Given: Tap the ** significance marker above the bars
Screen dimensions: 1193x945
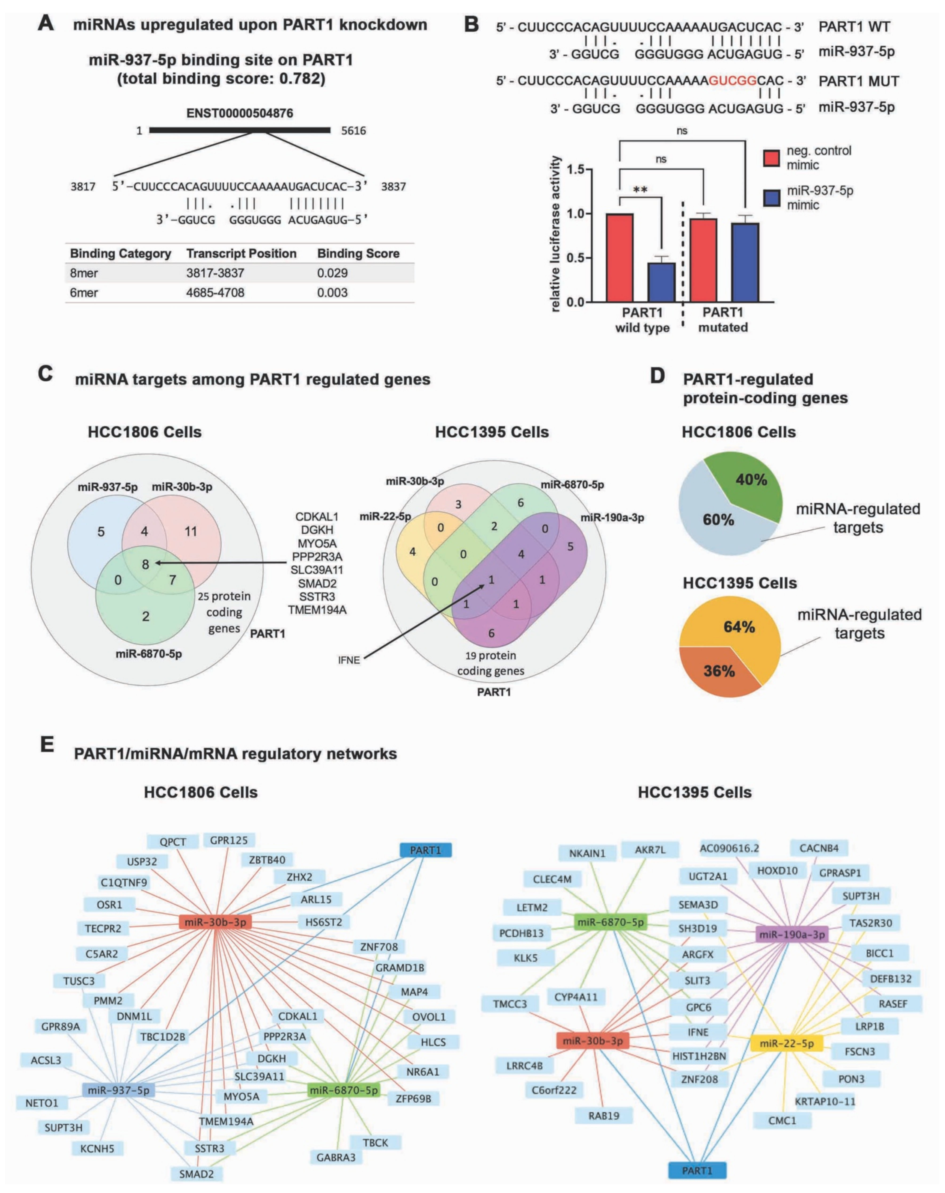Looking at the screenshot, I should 640,190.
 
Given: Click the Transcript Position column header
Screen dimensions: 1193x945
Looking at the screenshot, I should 241,254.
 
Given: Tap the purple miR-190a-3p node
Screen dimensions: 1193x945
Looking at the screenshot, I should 792,934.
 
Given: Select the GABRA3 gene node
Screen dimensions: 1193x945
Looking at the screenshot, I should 336,1156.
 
